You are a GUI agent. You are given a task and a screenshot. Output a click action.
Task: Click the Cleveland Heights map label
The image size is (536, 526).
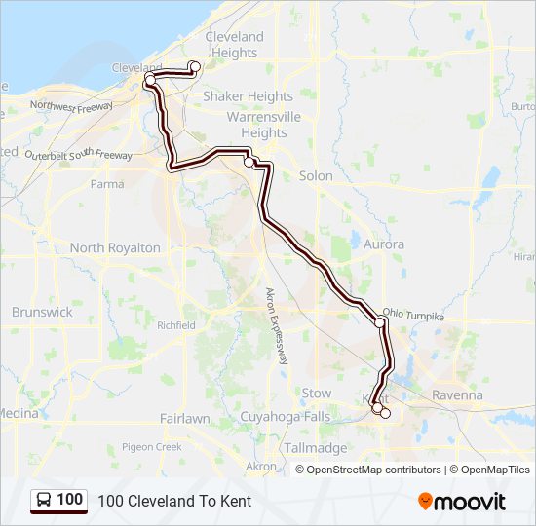(x=234, y=45)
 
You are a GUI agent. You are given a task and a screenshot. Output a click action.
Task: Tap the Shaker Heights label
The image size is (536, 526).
(x=248, y=96)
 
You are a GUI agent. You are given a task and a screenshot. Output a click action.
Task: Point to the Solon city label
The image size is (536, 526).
(x=316, y=176)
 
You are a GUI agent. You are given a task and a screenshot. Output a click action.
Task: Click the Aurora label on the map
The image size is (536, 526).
(x=383, y=244)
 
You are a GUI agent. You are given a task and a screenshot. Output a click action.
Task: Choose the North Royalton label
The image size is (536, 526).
(x=115, y=248)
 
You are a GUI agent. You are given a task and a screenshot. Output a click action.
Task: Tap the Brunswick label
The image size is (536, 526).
(x=42, y=313)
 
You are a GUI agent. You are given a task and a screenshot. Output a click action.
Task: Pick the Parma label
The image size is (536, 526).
(x=107, y=183)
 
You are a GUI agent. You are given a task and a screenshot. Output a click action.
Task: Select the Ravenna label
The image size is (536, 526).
(x=457, y=395)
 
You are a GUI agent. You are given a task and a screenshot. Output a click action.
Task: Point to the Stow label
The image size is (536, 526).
(x=316, y=393)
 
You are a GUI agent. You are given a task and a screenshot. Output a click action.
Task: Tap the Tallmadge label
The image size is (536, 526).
(x=315, y=448)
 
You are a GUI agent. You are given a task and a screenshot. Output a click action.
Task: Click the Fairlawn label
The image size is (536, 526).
(x=184, y=418)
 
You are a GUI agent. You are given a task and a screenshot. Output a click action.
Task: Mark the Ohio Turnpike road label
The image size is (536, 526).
(x=413, y=315)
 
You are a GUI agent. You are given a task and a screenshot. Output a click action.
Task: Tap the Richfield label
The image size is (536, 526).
(x=175, y=325)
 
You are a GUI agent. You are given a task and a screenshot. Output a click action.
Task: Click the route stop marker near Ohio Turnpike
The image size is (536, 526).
(x=380, y=321)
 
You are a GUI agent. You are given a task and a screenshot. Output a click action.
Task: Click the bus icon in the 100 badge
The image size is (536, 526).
(x=45, y=500)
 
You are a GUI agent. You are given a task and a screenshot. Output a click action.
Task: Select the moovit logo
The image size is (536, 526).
(x=462, y=502)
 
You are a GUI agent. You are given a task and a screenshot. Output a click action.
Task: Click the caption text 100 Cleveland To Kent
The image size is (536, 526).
(x=174, y=501)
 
